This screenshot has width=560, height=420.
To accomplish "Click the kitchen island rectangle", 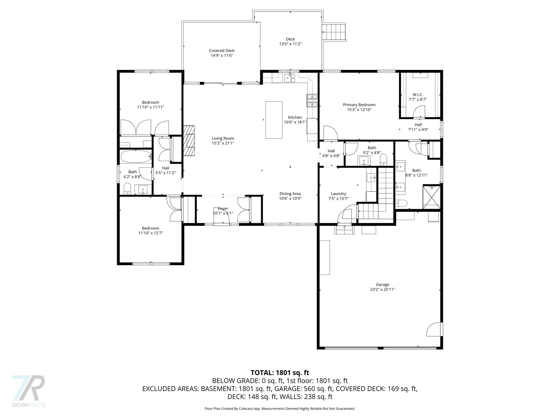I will (x=274, y=120).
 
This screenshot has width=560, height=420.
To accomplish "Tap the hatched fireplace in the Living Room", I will (x=189, y=141).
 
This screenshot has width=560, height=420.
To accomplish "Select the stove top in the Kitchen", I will (x=312, y=100).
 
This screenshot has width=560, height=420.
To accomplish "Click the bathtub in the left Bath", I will (x=136, y=156).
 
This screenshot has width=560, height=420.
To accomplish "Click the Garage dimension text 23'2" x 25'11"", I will (x=382, y=289).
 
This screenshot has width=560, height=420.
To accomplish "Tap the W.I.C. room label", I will (x=418, y=95).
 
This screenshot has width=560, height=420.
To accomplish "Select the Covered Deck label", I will (x=222, y=51).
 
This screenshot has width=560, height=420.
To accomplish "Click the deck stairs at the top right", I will (x=334, y=32).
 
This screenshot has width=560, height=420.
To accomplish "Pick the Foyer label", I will (x=223, y=209).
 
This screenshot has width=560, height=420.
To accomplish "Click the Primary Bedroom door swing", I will (x=330, y=133).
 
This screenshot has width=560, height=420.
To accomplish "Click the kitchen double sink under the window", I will (x=290, y=78).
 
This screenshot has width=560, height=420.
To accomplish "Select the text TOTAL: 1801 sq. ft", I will (x=280, y=372).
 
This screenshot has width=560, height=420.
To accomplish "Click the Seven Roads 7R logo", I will (x=29, y=388).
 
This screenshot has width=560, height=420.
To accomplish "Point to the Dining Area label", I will (x=290, y=194).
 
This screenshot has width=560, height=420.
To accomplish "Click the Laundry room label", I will (x=339, y=194).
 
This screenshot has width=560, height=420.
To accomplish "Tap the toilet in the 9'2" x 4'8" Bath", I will (x=384, y=159).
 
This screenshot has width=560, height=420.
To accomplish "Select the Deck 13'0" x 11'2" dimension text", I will (x=290, y=44).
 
